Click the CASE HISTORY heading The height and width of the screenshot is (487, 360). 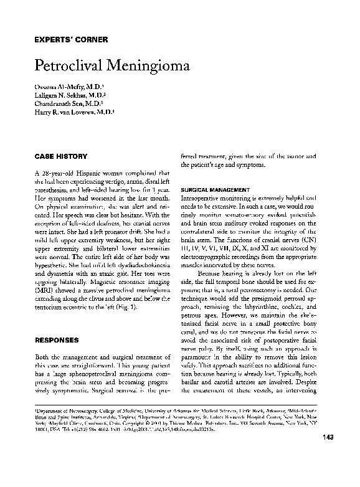pyautogui.click(x=60, y=156)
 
